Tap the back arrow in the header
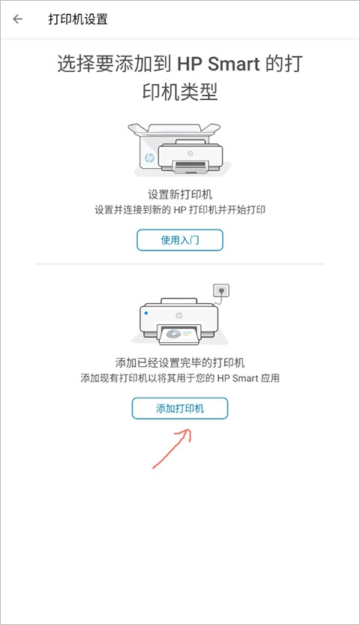pyautogui.click(x=17, y=19)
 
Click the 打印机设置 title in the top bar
pyautogui.click(x=78, y=19)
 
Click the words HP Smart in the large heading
pyautogui.click(x=218, y=65)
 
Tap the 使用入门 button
pyautogui.click(x=179, y=240)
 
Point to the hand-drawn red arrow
pyautogui.click(x=172, y=449)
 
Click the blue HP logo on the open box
pyautogui.click(x=149, y=158)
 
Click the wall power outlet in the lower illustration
pyautogui.click(x=222, y=290)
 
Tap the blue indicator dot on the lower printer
pyautogui.click(x=146, y=314)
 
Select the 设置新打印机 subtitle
pyautogui.click(x=180, y=194)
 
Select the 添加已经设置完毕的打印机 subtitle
pyautogui.click(x=180, y=362)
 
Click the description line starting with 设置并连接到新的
pyautogui.click(x=180, y=209)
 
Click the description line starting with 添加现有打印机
pyautogui.click(x=180, y=378)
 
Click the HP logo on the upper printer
pyautogui.click(x=190, y=154)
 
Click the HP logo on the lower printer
pyautogui.click(x=178, y=316)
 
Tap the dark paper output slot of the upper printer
pyautogui.click(x=190, y=164)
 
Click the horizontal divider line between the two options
pyautogui.click(x=180, y=264)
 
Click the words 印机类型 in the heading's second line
pyautogui.click(x=180, y=93)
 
